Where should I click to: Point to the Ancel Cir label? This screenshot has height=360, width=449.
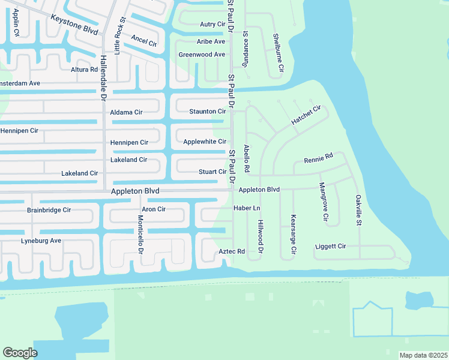coord(143,41)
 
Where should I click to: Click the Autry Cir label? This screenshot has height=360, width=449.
coord(212,25)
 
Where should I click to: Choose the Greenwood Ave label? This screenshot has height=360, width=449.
coord(202,55)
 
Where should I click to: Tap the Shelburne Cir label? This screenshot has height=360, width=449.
coord(278,55)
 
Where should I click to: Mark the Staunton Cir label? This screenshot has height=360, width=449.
coord(208,112)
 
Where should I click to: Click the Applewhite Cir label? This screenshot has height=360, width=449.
coord(205,142)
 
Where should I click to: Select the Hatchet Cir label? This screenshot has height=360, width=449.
coord(306,115)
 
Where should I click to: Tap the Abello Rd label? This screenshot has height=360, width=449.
coord(246,156)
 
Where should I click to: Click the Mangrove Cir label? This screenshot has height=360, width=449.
coord(324,201)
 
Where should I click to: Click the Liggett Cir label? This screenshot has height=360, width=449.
coord(331,247)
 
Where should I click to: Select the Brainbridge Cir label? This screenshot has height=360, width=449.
coord(49,210)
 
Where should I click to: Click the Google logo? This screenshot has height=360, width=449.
coord(20,353)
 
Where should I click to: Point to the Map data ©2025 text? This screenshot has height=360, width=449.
coord(423,355)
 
